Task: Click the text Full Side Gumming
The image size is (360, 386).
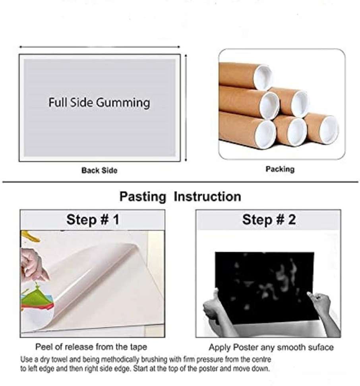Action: coord(99,102)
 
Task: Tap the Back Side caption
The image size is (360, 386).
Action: coord(99,170)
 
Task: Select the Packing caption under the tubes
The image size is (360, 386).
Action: coord(280,169)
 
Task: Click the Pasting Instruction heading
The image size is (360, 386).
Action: coord(180,197)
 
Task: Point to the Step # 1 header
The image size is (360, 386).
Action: coord(92,220)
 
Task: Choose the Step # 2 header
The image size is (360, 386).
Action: coord(269,220)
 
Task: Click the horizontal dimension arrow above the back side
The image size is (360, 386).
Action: coord(99,47)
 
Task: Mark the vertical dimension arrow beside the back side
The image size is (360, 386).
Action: coord(186,108)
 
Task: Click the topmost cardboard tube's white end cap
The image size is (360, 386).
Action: coord(263,77)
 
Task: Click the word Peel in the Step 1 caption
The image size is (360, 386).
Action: coord(43,347)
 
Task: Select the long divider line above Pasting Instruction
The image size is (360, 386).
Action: coord(180,182)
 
